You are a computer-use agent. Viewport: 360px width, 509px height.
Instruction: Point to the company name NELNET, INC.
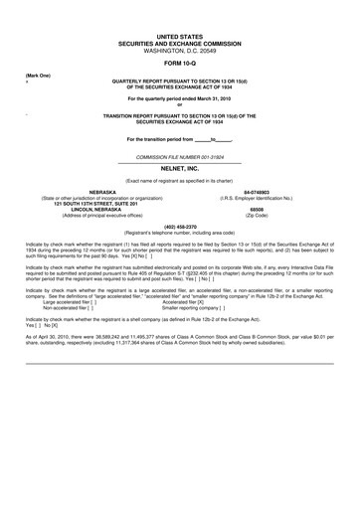(x=179, y=170)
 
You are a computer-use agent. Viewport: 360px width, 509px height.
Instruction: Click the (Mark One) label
(x=38, y=74)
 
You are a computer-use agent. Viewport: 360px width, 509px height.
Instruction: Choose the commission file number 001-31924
(x=179, y=157)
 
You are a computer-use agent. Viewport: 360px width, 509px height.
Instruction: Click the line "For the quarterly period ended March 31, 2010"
(x=179, y=100)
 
